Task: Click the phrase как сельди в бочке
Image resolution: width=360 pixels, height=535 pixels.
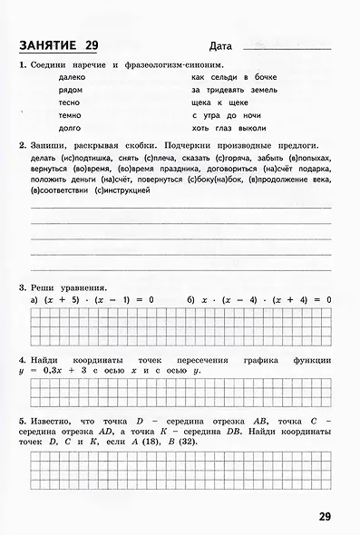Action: point(234,77)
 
